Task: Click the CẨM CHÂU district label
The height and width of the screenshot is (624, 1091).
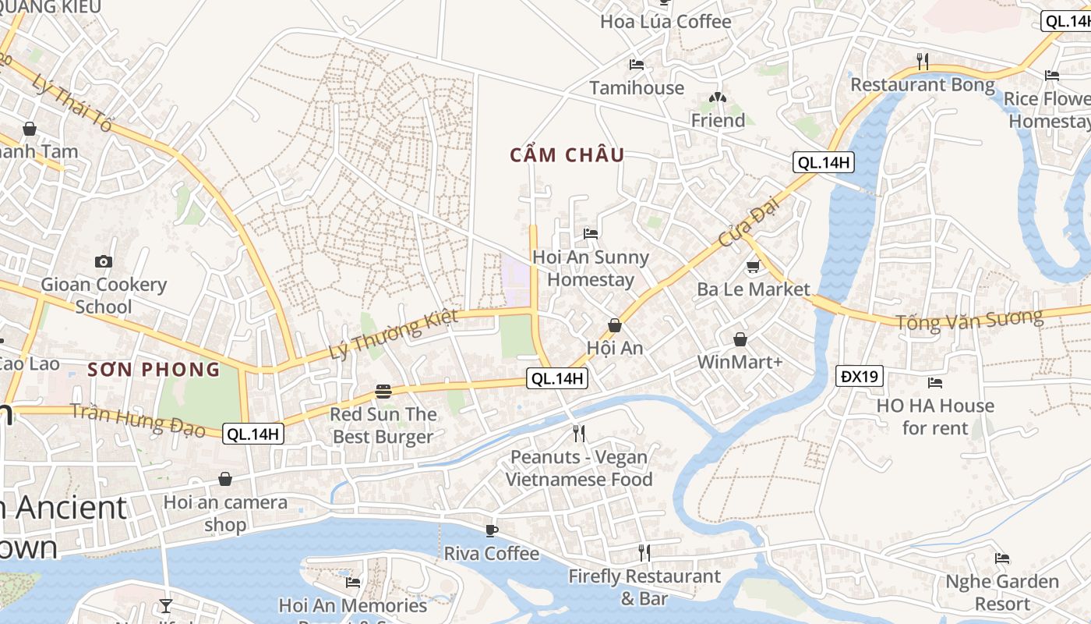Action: coord(567,155)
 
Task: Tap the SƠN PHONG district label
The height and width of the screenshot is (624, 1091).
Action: coord(154,369)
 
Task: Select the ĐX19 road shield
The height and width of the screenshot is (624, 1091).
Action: coord(860,377)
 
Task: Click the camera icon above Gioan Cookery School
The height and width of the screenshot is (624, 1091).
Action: coord(103,261)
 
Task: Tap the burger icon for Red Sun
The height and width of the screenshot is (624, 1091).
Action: coord(383,391)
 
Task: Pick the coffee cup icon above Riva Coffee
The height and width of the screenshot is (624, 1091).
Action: coord(491,530)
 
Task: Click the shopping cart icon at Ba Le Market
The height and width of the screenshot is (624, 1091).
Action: coord(753,267)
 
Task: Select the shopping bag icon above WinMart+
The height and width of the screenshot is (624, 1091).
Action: coord(740,339)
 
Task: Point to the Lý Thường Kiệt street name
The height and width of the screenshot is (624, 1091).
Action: coord(393,335)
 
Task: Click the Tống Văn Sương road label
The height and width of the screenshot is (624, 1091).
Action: coord(969,320)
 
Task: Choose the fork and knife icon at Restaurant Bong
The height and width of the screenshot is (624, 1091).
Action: coord(922,61)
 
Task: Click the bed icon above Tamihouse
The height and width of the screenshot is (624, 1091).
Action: coord(637,65)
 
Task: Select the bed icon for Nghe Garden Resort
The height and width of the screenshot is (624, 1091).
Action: coord(1002,558)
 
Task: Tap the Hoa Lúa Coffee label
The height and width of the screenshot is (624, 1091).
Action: coord(666,21)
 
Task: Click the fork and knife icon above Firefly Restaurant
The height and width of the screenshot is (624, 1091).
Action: coord(644,553)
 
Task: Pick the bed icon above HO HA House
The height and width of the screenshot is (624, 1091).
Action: coord(935,383)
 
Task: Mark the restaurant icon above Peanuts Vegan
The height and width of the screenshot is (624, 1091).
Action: coord(578,434)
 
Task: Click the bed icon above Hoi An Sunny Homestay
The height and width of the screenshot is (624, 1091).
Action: coord(591,233)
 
